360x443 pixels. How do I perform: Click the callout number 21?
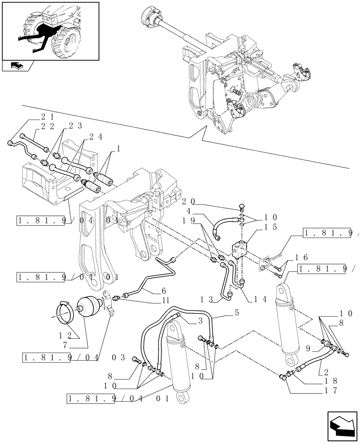point(47,117)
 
